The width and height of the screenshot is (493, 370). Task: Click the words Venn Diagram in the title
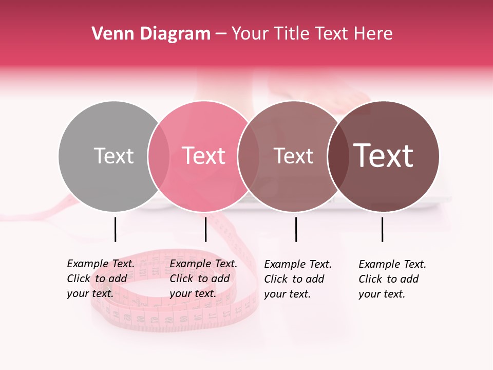pos(151,34)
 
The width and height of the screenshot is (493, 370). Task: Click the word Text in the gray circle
pos(113,156)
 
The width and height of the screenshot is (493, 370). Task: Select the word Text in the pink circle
pos(203,156)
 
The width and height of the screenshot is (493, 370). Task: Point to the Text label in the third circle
pos(293,156)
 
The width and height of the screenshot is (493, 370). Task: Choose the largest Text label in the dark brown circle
pos(384,156)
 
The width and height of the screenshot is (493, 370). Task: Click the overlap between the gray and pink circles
pos(159,156)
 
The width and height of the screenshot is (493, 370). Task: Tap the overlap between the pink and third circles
pos(249,156)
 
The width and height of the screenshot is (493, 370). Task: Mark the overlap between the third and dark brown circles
pos(338,156)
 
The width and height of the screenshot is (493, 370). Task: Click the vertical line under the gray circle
pos(115,229)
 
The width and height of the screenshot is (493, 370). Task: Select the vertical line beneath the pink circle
pos(205,229)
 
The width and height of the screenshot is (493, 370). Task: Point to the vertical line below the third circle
pos(296,229)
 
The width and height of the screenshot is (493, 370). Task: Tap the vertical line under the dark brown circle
pos(382,229)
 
